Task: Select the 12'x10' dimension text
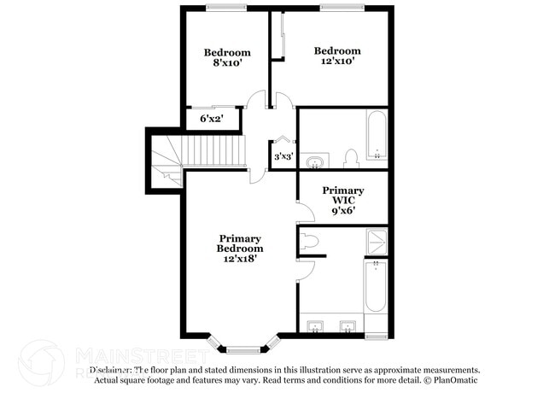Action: coord(336,61)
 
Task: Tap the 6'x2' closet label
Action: coord(212,119)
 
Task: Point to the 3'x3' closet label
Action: coord(283,156)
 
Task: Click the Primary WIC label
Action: coord(342,196)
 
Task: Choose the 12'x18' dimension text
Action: coord(240,258)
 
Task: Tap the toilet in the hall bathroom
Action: coord(350,158)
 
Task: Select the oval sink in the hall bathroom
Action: coord(316,161)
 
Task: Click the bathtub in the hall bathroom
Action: coord(376,135)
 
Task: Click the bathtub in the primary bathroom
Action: coord(376,287)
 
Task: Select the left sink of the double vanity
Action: coord(317,325)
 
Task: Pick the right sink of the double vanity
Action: coord(347,325)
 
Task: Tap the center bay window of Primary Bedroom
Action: coord(242,348)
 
